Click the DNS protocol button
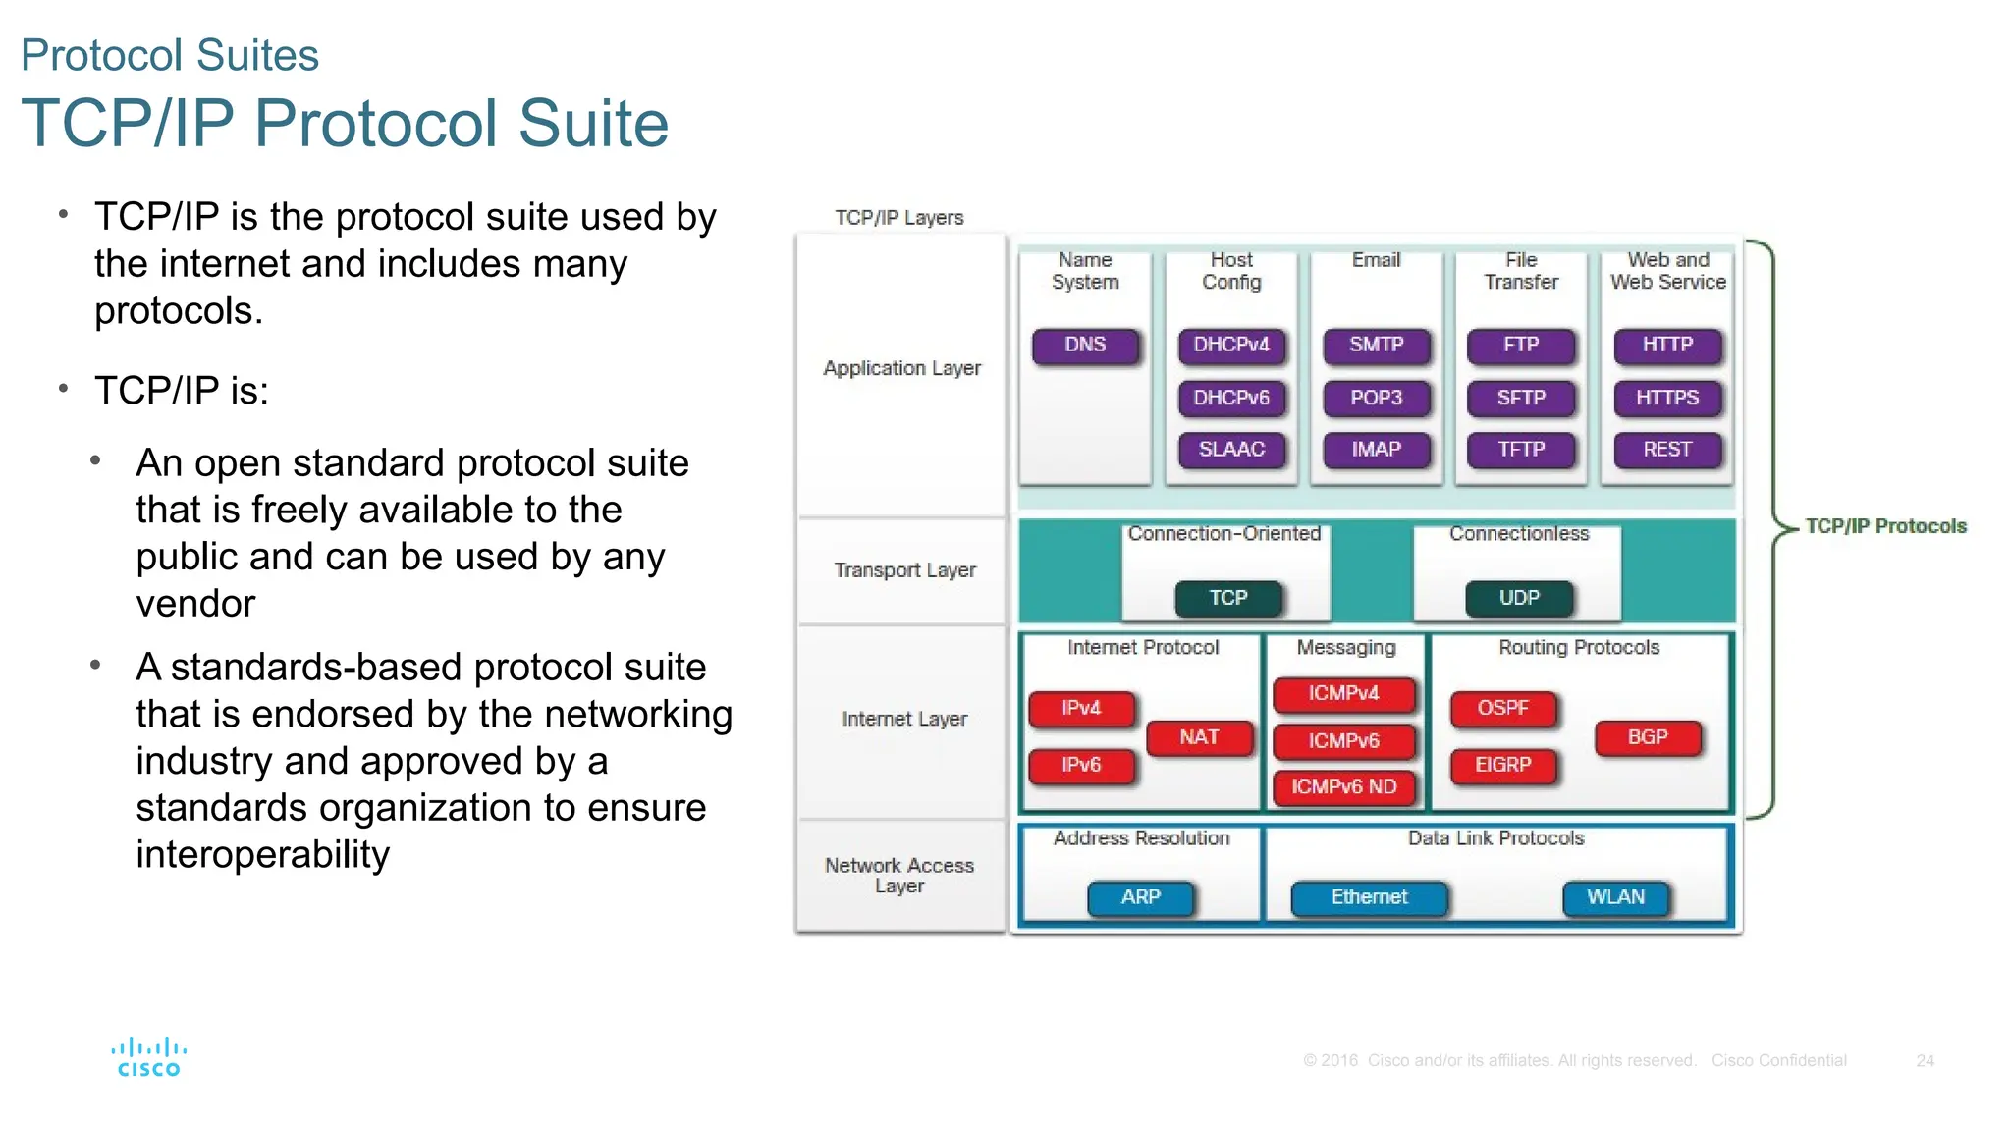point(1085,346)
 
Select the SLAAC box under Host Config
point(1231,450)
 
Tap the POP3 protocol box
point(1376,398)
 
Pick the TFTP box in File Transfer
point(1521,450)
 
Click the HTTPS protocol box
point(1667,398)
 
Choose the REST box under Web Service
point(1667,450)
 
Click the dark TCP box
point(1228,598)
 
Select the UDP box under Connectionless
point(1519,598)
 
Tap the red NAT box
point(1199,737)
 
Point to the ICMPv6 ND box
point(1343,786)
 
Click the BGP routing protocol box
point(1648,737)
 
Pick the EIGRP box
point(1502,765)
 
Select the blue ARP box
point(1140,897)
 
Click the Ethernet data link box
point(1369,897)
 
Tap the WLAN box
point(1615,897)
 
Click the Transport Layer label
point(904,570)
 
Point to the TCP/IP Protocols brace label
point(1885,526)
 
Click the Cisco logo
point(149,1057)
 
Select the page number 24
point(1925,1061)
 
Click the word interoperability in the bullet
point(262,854)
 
